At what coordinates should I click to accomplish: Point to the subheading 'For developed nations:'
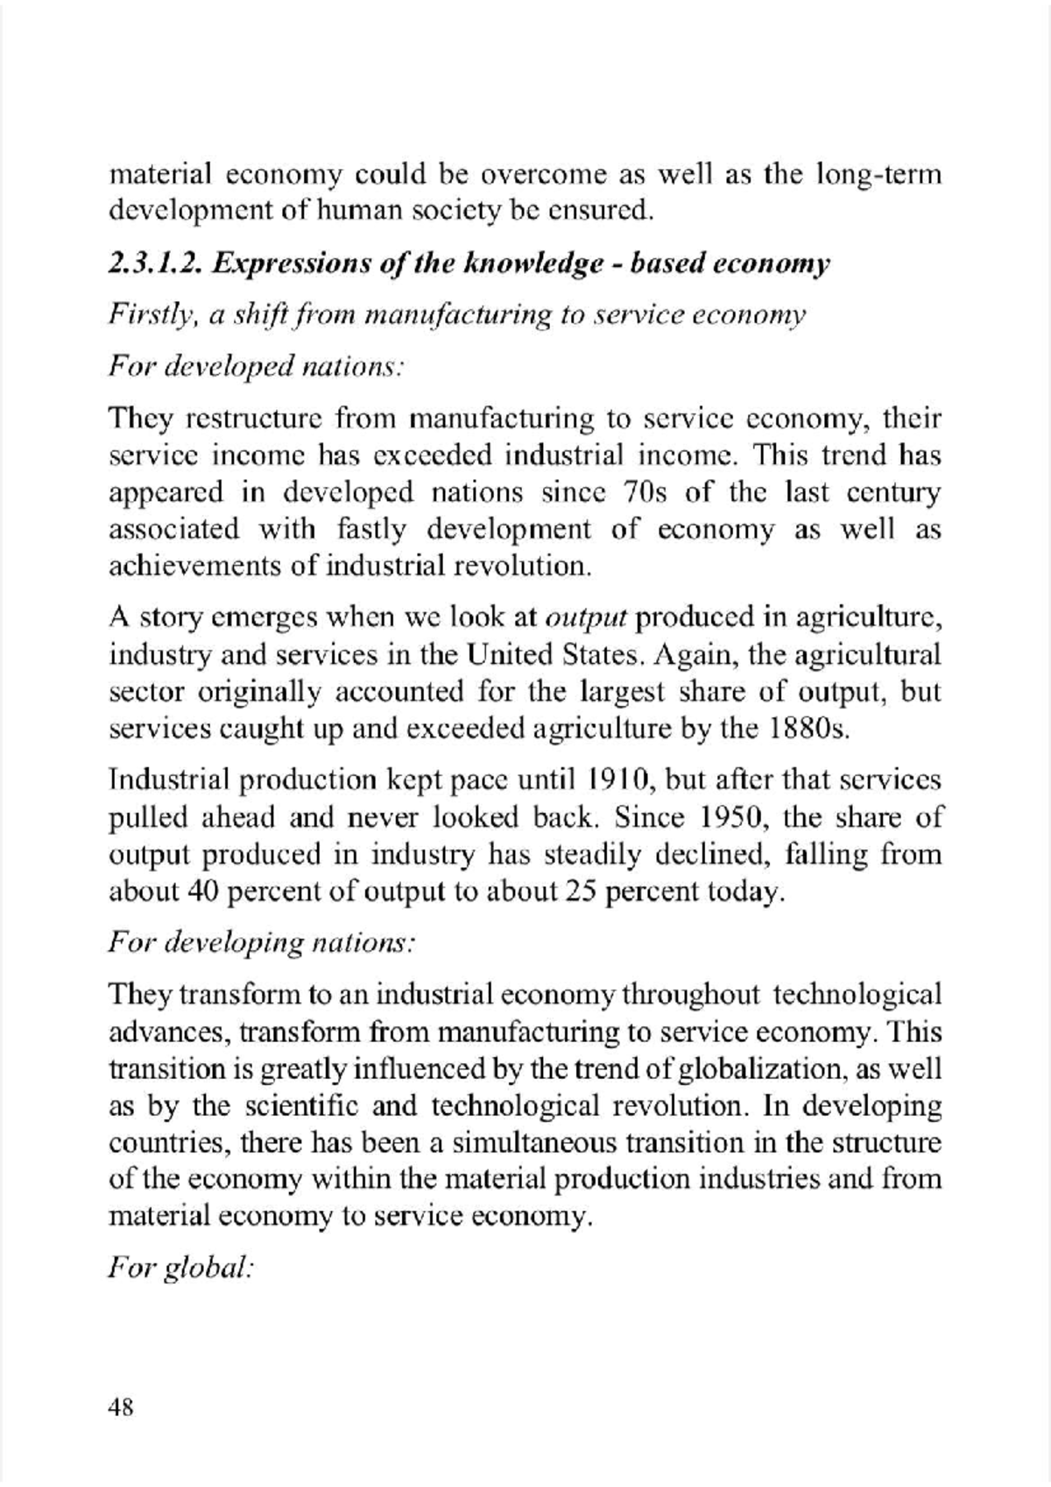(x=255, y=366)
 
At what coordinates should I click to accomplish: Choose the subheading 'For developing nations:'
(x=260, y=943)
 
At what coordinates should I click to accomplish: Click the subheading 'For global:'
(x=181, y=1268)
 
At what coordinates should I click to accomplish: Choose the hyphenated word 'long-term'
(x=878, y=175)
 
